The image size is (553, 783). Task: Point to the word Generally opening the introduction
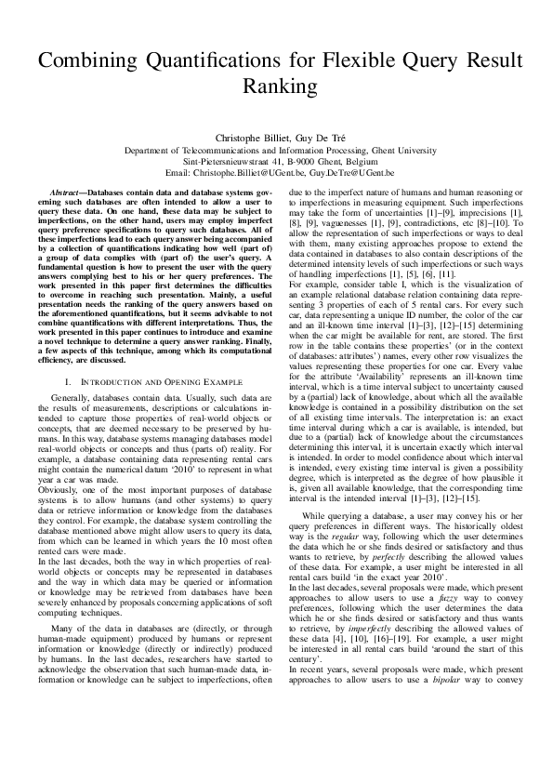[76, 398]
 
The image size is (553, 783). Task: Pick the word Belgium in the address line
[359, 161]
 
